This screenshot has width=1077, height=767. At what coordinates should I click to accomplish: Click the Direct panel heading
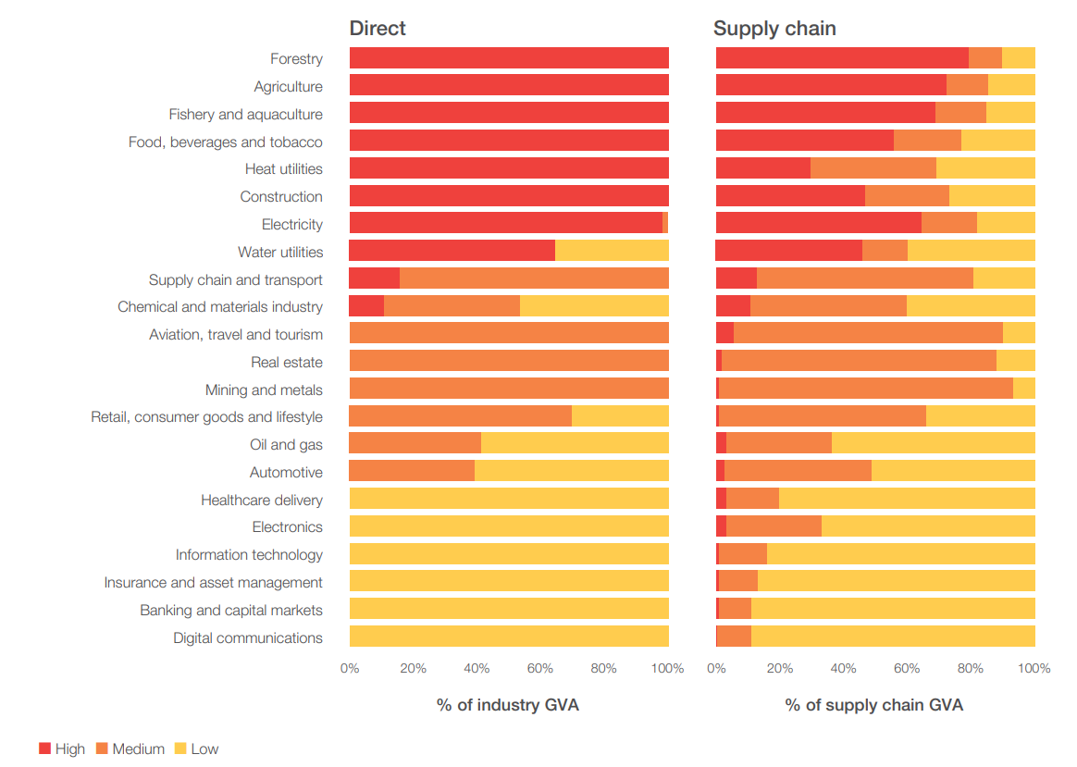click(378, 28)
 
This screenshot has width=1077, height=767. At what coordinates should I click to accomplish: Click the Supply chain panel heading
click(774, 28)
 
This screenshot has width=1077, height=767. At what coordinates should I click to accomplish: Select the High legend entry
click(62, 748)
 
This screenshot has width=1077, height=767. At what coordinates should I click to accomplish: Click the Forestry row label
click(296, 59)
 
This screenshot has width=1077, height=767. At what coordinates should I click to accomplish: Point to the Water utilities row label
click(279, 252)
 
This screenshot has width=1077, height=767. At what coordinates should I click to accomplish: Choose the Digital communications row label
click(247, 637)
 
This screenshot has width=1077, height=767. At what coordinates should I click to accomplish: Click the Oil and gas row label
click(286, 445)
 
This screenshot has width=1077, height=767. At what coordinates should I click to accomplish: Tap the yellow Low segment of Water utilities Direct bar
click(612, 251)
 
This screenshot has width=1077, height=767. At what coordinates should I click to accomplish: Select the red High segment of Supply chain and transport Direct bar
click(374, 278)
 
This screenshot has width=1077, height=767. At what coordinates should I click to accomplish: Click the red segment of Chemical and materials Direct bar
click(366, 306)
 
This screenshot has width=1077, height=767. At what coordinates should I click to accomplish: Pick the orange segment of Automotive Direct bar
click(412, 472)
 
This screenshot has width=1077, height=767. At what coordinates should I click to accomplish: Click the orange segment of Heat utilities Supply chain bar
click(873, 168)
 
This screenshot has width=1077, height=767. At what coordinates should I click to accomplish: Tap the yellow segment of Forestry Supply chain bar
click(1018, 58)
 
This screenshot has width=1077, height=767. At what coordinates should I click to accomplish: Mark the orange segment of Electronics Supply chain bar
click(774, 526)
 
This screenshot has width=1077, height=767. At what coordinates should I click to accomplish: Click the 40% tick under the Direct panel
click(477, 669)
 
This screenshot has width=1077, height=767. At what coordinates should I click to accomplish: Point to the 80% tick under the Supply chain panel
click(971, 669)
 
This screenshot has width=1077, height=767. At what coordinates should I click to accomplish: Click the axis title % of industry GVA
click(508, 705)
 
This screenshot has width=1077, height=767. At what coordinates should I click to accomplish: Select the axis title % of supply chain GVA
click(874, 705)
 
